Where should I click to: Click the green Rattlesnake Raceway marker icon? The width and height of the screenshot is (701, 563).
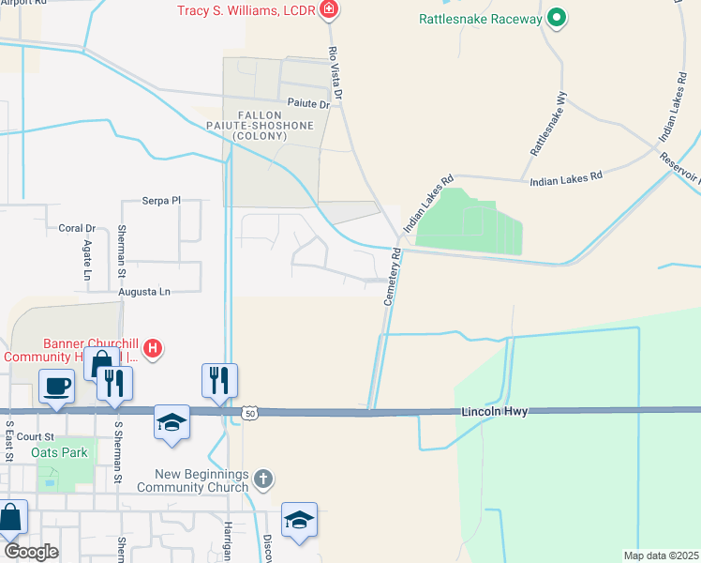point(556,18)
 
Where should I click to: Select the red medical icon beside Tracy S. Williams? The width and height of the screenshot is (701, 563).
point(328,10)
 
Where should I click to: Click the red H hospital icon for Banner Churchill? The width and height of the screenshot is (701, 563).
point(153,351)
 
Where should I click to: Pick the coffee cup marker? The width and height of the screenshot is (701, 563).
point(56,386)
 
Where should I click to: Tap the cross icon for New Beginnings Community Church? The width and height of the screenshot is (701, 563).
point(263,479)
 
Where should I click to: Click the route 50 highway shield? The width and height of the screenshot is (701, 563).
point(248,412)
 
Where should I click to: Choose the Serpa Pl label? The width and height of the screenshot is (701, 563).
point(160,201)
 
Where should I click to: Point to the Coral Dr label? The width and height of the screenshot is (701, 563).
point(78,228)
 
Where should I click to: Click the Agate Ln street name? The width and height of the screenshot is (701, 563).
point(85,261)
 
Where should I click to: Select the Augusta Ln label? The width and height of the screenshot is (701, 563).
point(144,292)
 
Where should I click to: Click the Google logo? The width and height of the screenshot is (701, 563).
point(30,551)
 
